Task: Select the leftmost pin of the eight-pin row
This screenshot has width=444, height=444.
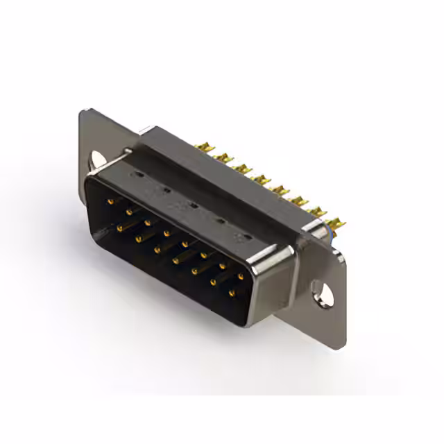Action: (x=110, y=201)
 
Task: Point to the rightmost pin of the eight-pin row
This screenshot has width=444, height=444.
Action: (x=241, y=276)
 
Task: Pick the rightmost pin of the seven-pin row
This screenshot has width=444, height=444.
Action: (x=231, y=293)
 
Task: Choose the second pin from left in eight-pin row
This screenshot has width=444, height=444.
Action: (x=128, y=212)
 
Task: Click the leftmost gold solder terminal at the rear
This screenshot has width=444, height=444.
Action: (x=203, y=147)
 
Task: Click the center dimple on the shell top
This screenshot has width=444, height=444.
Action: (x=193, y=205)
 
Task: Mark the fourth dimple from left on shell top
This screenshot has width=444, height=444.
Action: (x=219, y=222)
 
